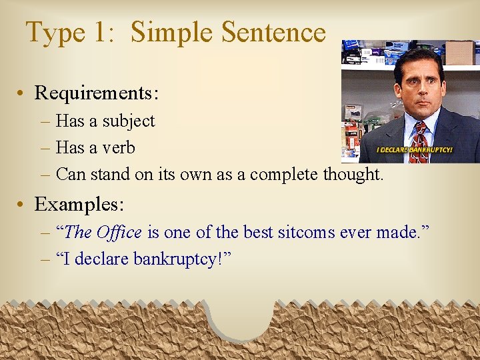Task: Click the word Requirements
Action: [x=96, y=93]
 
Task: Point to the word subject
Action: [x=128, y=121]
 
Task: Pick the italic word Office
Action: [x=119, y=233]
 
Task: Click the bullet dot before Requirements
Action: [x=24, y=93]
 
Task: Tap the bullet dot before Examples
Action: [x=24, y=205]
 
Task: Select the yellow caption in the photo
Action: [x=415, y=150]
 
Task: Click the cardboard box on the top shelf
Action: [x=459, y=53]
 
